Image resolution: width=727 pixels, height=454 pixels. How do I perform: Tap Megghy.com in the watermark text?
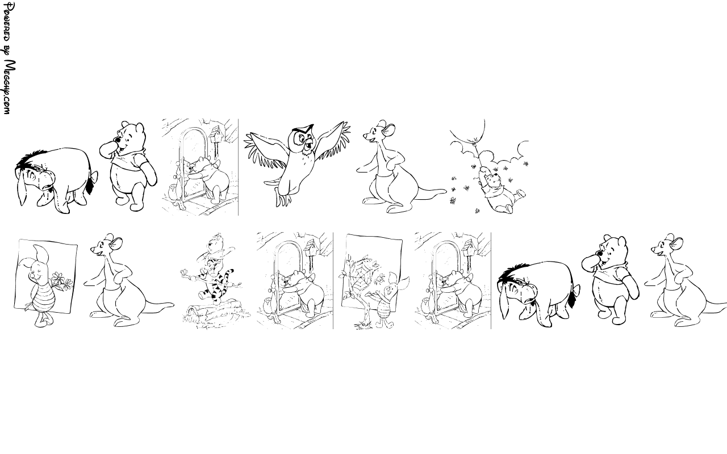pyautogui.click(x=9, y=87)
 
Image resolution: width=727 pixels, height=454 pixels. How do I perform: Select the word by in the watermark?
pyautogui.click(x=7, y=50)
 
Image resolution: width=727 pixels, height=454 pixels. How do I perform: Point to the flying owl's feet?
pyautogui.click(x=282, y=200)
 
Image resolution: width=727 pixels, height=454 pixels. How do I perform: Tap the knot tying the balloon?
pyautogui.click(x=475, y=140)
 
